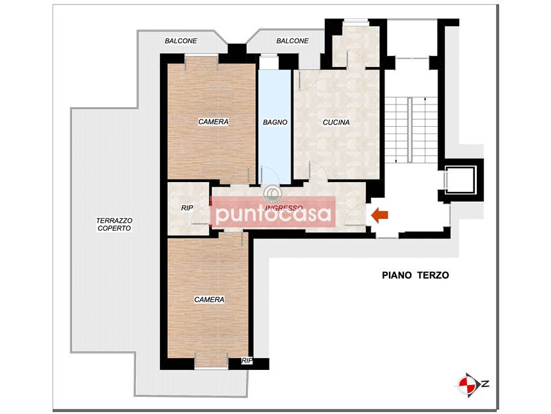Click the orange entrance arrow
(380, 215)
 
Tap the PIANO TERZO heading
(415, 275)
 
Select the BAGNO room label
(275, 122)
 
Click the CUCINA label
(337, 122)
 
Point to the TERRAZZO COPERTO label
(114, 224)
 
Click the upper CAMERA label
(213, 122)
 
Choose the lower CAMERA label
(209, 300)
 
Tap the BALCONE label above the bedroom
(181, 41)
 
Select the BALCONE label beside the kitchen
(293, 41)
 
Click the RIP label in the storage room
(187, 208)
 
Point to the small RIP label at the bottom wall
(247, 361)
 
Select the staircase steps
(411, 129)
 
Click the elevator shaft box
(460, 181)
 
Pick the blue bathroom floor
(275, 127)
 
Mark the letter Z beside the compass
(485, 384)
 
